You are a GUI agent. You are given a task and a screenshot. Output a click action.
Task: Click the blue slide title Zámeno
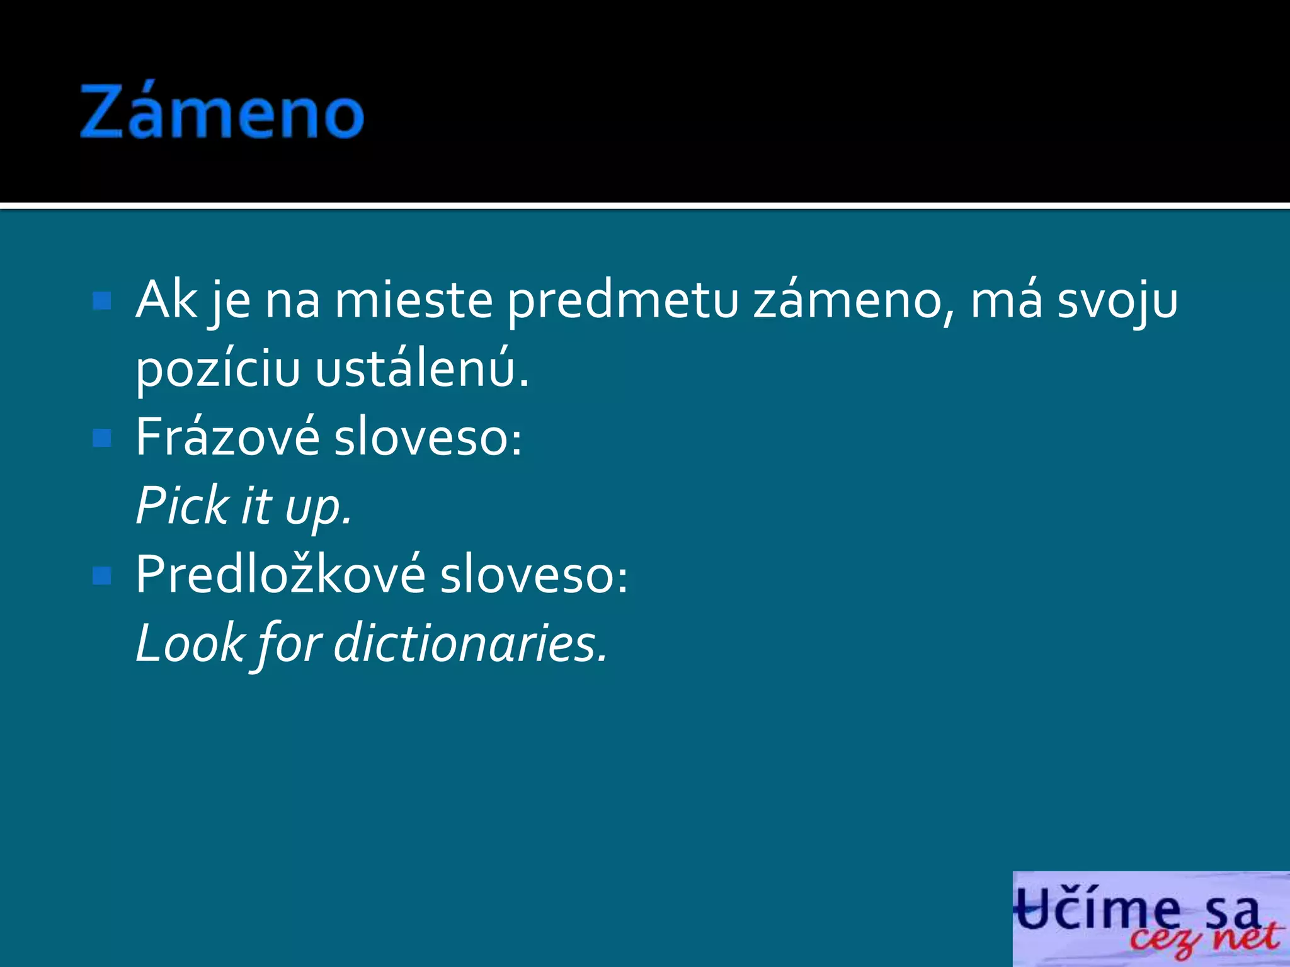pos(222,112)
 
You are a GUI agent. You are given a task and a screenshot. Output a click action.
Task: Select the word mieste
pos(413,300)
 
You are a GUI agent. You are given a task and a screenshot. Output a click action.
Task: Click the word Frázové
pos(227,436)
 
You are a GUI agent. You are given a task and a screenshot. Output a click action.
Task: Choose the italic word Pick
pos(183,506)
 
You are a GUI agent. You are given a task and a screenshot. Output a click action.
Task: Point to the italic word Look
pos(190,643)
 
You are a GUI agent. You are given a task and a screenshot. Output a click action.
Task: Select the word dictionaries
pos(470,643)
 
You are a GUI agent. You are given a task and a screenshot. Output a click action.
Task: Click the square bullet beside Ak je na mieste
pos(101,301)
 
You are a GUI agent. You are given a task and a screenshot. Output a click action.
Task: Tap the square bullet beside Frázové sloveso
pos(101,438)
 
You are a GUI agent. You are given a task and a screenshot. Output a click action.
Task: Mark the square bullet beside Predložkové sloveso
pos(101,575)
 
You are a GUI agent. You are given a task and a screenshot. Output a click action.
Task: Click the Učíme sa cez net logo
pos(1150,919)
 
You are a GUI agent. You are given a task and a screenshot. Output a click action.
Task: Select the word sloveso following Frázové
pos(427,438)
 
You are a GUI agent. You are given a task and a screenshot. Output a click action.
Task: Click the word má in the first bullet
pos(1006,300)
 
